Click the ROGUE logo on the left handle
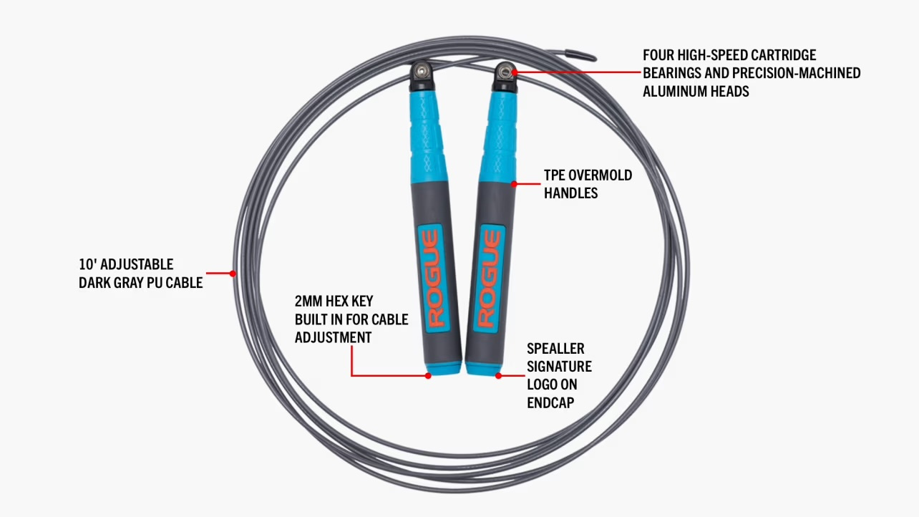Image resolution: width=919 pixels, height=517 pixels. [431, 279]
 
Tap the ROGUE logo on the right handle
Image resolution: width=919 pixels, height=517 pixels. [491, 279]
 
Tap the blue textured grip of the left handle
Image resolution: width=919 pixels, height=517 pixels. [429, 133]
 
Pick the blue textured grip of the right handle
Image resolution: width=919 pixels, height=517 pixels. [497, 133]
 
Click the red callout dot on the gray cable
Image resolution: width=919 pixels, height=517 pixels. [233, 273]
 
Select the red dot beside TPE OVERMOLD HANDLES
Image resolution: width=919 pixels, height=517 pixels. [514, 184]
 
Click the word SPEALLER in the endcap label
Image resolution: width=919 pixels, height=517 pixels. [555, 349]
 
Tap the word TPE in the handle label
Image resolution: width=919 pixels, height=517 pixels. [555, 175]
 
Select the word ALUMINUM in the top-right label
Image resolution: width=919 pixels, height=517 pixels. [674, 91]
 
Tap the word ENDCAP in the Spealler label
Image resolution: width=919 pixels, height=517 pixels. [550, 402]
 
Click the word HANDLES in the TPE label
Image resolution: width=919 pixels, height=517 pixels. [570, 193]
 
